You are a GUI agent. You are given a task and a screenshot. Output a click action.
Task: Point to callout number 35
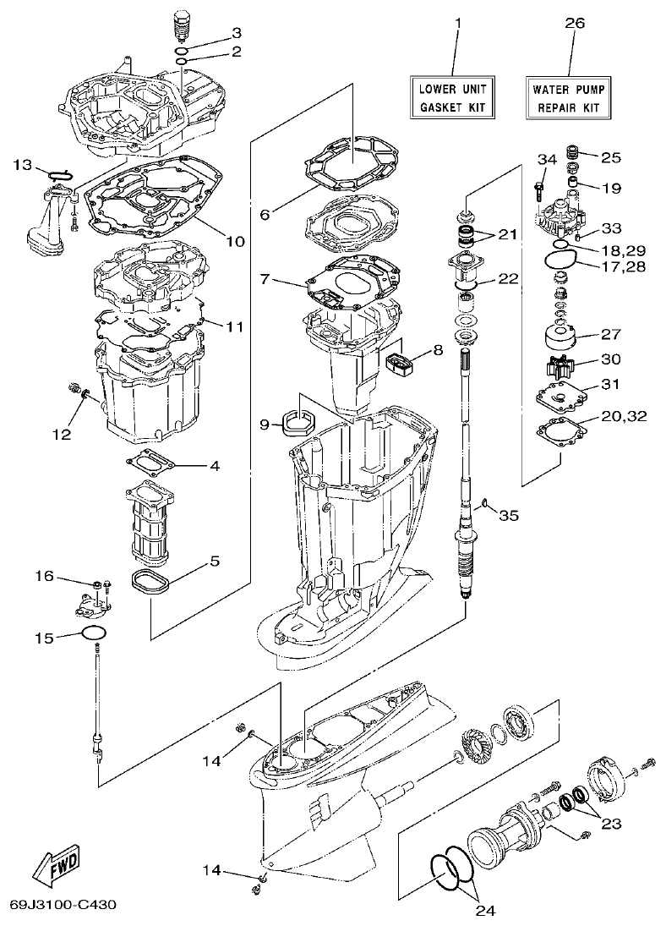pyautogui.click(x=508, y=515)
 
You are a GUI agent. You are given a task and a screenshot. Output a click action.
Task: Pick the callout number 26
pyautogui.click(x=574, y=25)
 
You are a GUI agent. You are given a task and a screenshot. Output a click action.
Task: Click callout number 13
pyautogui.click(x=23, y=163)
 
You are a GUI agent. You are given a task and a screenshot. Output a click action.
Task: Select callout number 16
pyautogui.click(x=44, y=577)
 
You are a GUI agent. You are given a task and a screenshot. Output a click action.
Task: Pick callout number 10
pyautogui.click(x=234, y=241)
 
